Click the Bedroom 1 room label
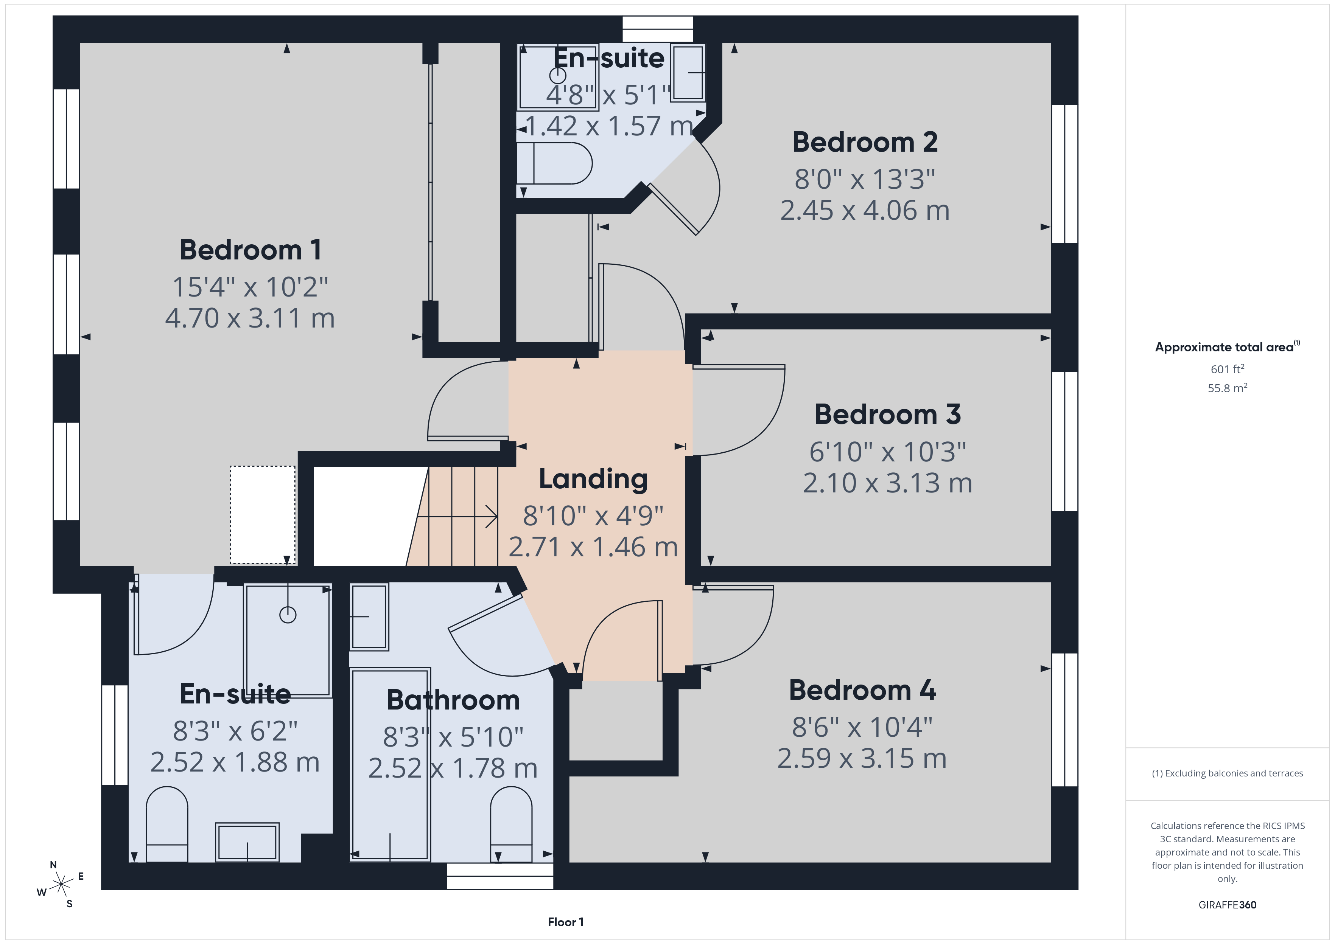[250, 250]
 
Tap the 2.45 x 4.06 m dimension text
[865, 210]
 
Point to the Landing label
[593, 479]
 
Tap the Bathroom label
[453, 700]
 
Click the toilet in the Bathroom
[511, 824]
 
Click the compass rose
[61, 885]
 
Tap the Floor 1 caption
[565, 922]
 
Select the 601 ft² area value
[1227, 369]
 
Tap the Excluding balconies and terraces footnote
[1227, 773]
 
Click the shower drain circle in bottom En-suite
[288, 615]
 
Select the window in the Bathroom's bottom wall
[499, 876]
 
